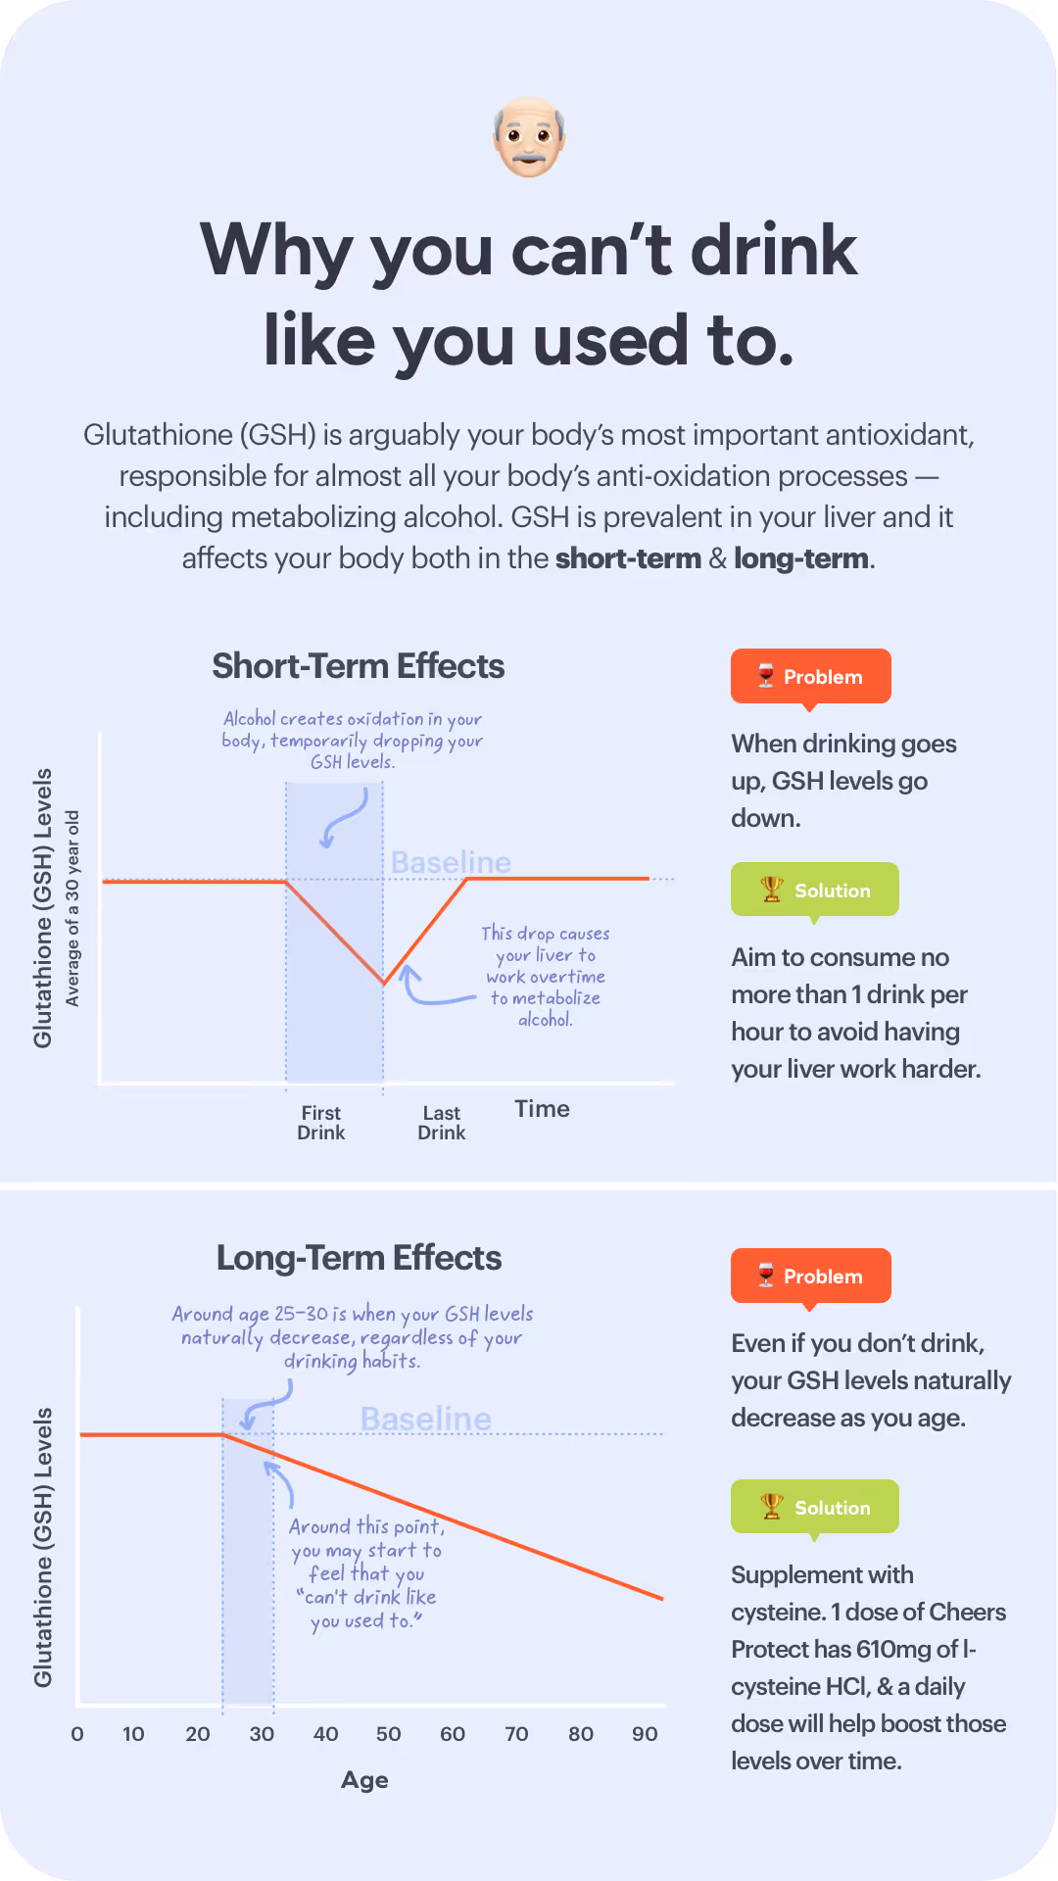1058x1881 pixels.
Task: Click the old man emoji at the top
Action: (529, 136)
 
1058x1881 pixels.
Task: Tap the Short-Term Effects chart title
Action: (358, 666)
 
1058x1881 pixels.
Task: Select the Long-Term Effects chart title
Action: (359, 1258)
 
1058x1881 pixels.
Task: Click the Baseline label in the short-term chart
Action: (451, 862)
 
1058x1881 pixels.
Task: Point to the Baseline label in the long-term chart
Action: (425, 1419)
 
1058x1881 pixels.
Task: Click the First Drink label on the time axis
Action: (321, 1123)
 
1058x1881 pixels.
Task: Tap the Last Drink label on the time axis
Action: (442, 1123)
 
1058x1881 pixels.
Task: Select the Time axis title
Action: (542, 1109)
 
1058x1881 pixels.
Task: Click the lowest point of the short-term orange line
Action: (384, 983)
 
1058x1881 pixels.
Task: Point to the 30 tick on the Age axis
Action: (262, 1734)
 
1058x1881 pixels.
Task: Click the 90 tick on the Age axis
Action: (645, 1734)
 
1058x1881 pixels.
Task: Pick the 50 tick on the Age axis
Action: (389, 1734)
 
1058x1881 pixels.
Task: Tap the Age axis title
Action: (364, 1780)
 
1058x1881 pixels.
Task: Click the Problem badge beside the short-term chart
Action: (810, 676)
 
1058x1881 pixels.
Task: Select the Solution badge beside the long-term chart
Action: (814, 1507)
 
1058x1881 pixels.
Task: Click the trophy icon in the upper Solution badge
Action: (772, 890)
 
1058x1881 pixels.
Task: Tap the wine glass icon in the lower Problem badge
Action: (766, 1276)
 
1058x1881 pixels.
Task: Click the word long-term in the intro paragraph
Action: (800, 558)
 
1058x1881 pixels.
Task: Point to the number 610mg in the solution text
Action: (893, 1649)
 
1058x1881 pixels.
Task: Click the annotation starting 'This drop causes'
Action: (546, 976)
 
